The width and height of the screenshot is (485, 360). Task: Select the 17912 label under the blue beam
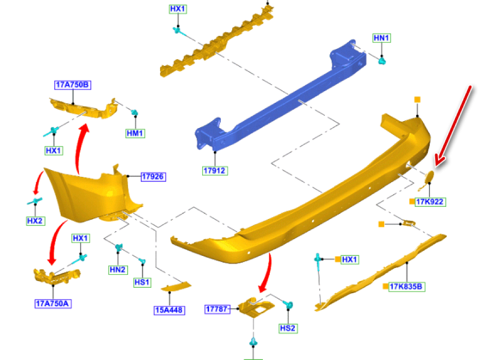(215, 171)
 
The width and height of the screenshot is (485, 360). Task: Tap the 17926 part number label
(153, 177)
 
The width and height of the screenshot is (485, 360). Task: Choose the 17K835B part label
(407, 287)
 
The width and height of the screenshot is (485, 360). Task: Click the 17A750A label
(53, 304)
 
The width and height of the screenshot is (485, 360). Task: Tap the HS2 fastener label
(288, 328)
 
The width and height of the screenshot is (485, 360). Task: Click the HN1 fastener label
(382, 38)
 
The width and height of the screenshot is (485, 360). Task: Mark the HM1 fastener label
(135, 133)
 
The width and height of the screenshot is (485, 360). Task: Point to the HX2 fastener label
(35, 221)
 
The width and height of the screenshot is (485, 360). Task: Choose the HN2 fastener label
(117, 269)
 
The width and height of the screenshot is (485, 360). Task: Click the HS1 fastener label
(142, 282)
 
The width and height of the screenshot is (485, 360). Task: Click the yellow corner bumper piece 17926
(87, 191)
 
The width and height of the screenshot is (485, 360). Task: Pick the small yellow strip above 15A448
(176, 287)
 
